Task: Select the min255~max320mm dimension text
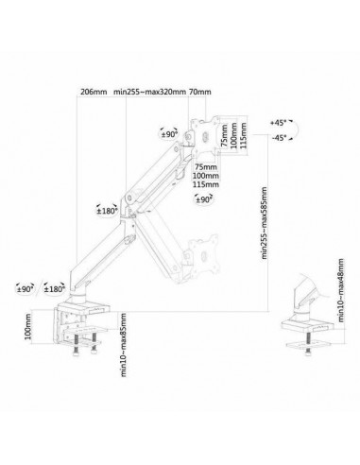pos(149,93)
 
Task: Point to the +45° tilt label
pos(277,124)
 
